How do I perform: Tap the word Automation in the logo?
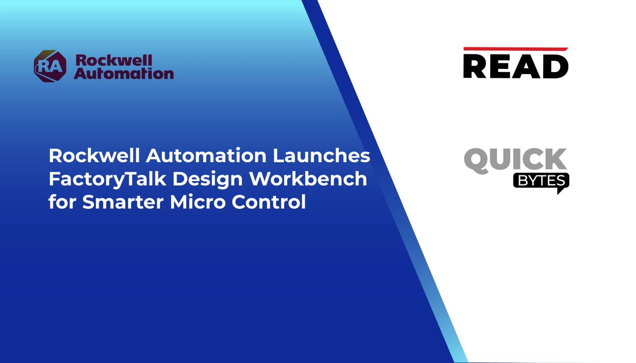click(x=123, y=73)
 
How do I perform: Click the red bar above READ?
click(x=515, y=49)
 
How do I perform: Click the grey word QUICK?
click(x=515, y=160)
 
